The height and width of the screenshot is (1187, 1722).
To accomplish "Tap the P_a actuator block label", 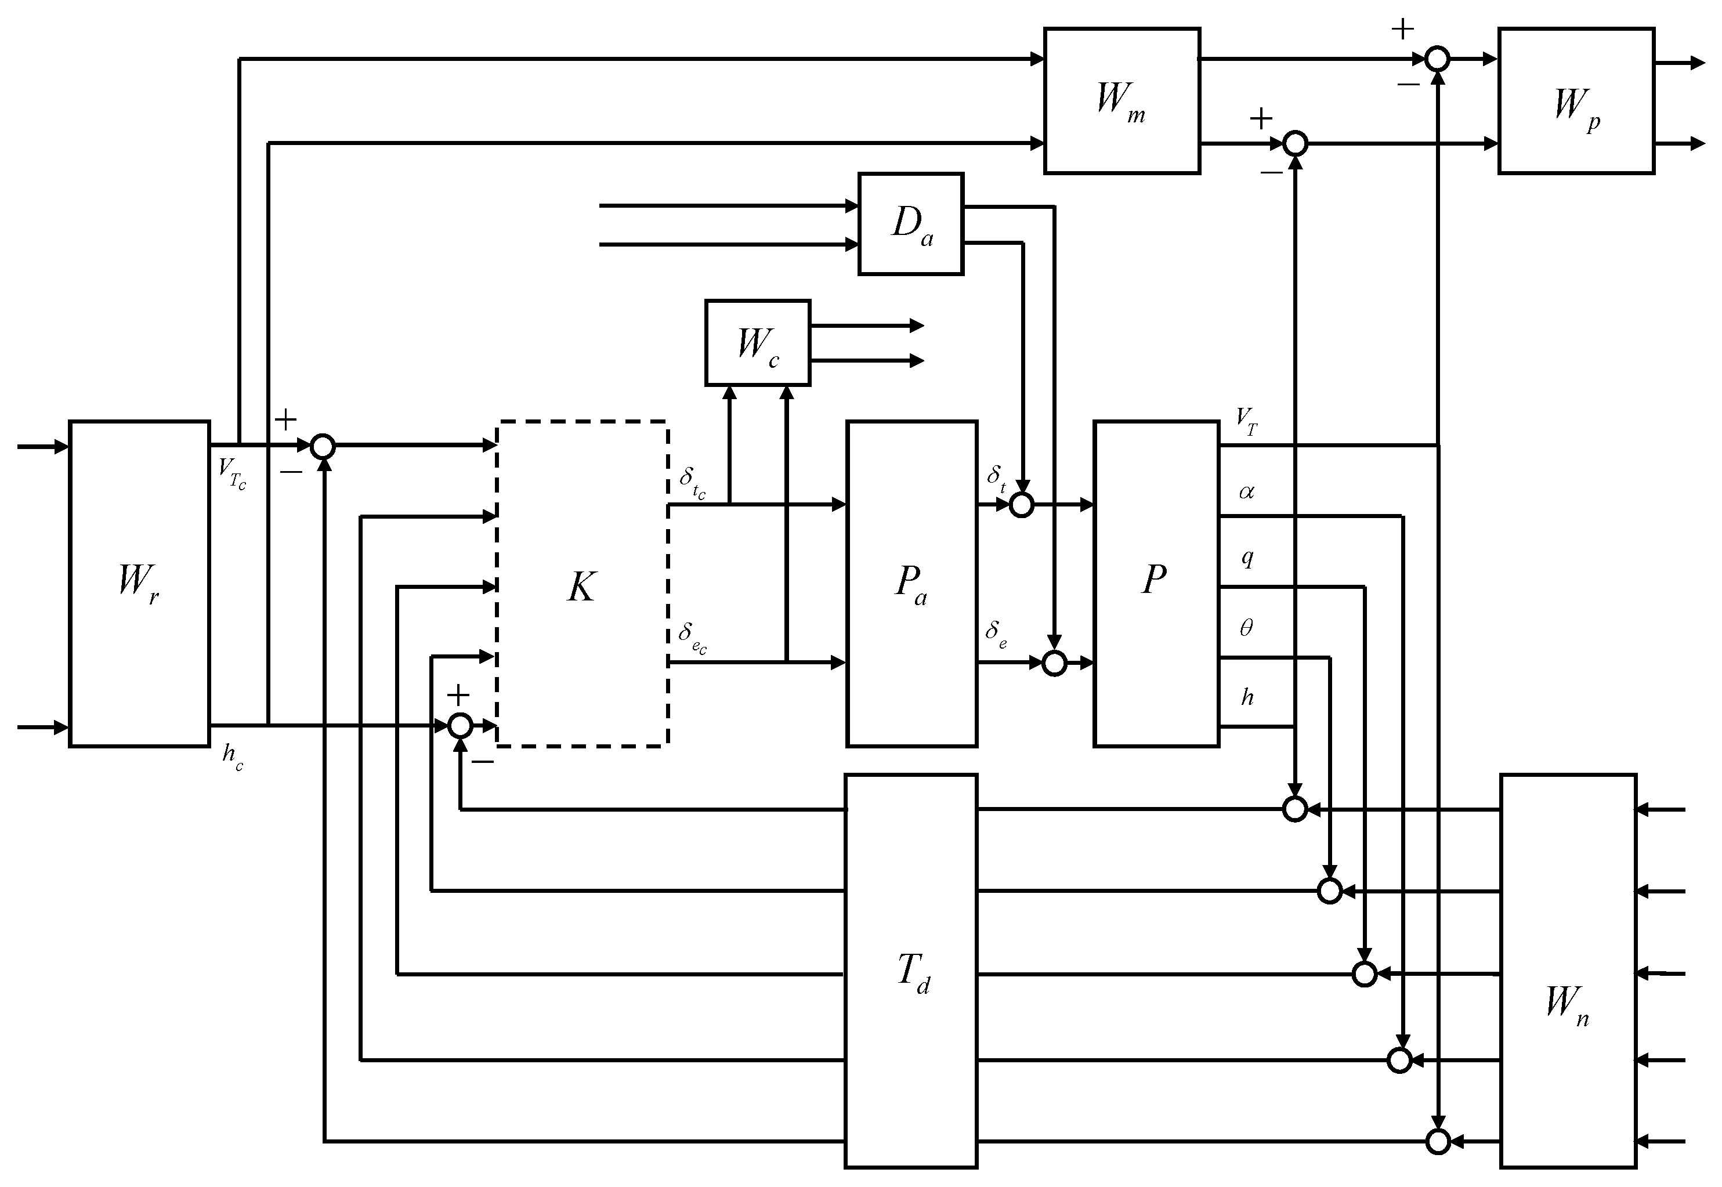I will click(910, 585).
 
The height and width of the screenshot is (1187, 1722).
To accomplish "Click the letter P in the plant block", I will click(1153, 580).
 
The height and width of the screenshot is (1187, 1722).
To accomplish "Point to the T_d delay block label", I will click(913, 972).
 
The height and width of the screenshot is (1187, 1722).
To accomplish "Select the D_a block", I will click(910, 224).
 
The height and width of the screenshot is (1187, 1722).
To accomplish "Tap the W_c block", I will click(757, 343).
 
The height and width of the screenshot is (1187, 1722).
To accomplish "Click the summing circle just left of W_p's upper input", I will click(1437, 59).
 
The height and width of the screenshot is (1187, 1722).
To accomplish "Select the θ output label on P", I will click(1246, 628).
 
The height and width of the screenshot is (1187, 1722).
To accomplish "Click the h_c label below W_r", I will click(232, 757).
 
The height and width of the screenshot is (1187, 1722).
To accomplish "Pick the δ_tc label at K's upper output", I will click(692, 482).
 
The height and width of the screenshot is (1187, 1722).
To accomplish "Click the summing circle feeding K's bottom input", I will click(461, 725).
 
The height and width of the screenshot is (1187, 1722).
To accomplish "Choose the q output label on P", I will click(1247, 558).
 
